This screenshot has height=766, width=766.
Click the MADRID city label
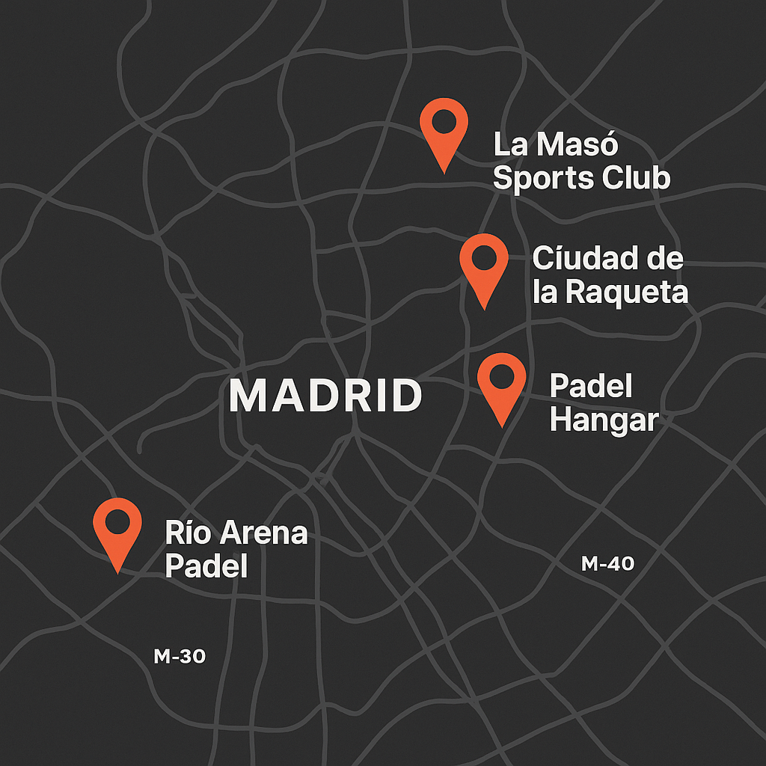325,396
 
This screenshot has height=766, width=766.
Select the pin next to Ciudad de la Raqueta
483,264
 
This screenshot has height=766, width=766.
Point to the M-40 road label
607,564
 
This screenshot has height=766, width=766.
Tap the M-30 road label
180,657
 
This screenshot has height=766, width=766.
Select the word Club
637,180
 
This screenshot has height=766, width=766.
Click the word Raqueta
626,292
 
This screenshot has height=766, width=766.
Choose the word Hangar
604,421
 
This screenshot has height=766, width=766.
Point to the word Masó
581,144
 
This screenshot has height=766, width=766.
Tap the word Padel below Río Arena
206,566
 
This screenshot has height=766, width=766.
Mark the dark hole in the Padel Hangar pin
501,373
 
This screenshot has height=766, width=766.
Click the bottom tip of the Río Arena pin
117,572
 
